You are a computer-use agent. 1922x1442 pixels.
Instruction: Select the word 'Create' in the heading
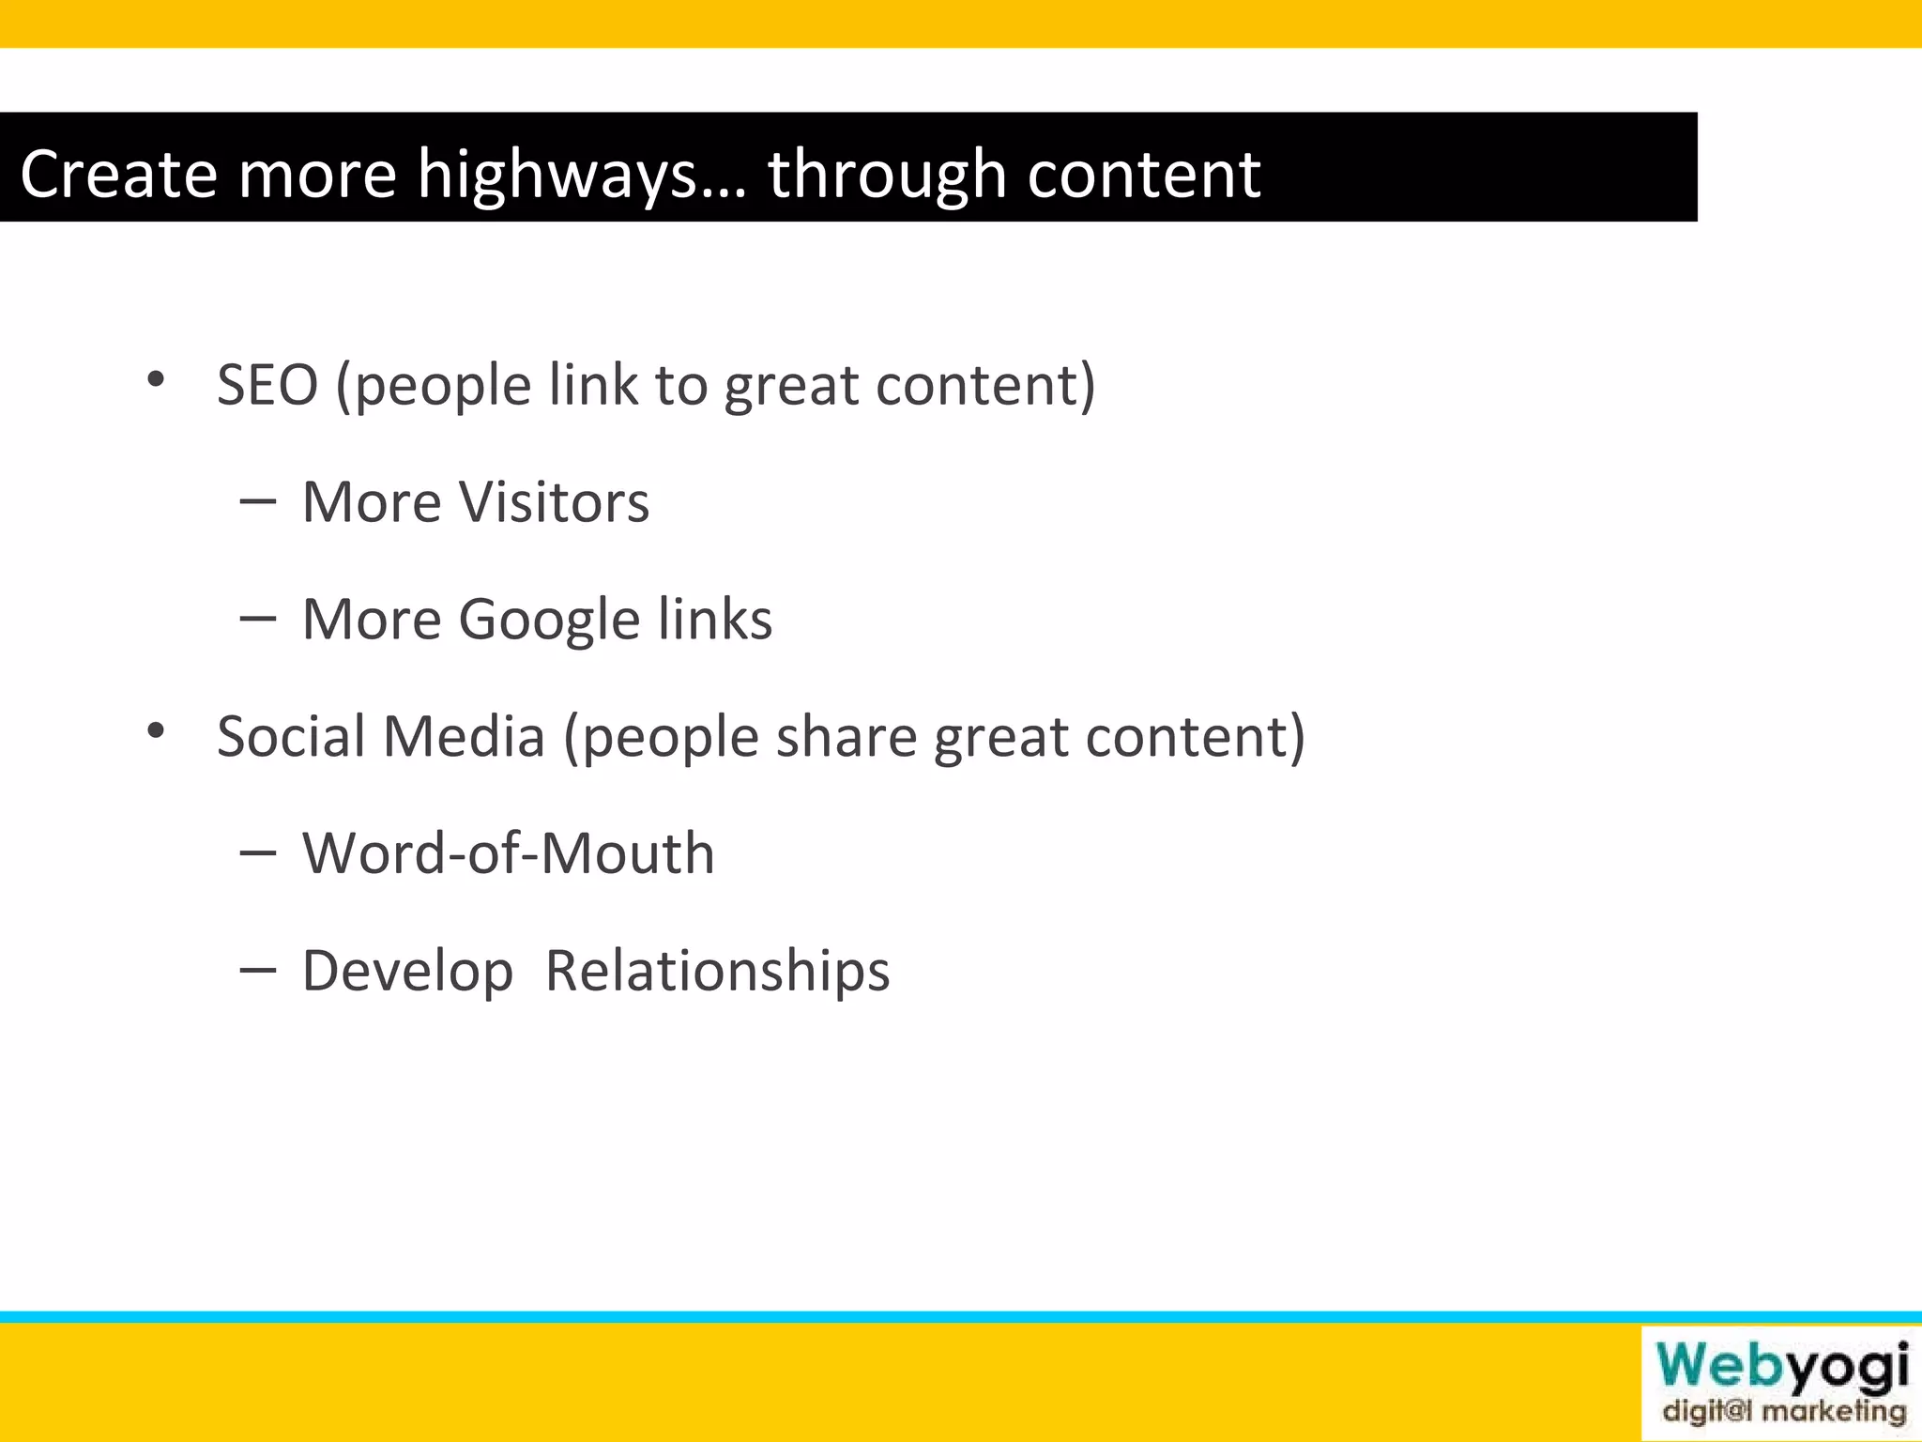[118, 175]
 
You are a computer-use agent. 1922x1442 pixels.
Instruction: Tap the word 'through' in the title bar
[887, 175]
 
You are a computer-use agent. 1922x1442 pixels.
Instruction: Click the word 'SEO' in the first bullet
[267, 385]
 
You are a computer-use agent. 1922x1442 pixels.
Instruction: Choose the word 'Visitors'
[554, 502]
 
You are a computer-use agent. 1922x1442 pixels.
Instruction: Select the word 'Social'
[291, 736]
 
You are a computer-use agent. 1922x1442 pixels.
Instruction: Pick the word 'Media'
[465, 736]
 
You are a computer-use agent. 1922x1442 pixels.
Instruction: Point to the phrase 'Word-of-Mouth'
[508, 853]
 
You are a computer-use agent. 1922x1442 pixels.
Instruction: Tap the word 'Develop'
[407, 971]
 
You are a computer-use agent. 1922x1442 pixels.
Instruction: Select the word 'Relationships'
[717, 971]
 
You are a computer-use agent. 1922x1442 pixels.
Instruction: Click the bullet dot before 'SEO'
[156, 380]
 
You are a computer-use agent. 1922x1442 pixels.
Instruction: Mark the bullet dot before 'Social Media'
[156, 731]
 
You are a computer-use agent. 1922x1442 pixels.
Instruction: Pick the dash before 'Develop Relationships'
[258, 970]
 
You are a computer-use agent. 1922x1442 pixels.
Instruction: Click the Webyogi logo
[1781, 1367]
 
